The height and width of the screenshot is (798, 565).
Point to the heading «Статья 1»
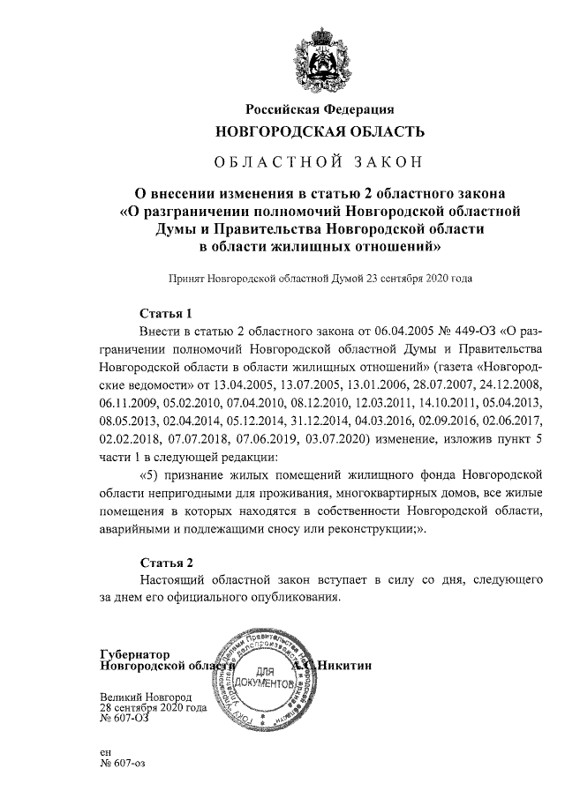[166, 313]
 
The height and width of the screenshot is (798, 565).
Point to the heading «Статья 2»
[166, 562]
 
